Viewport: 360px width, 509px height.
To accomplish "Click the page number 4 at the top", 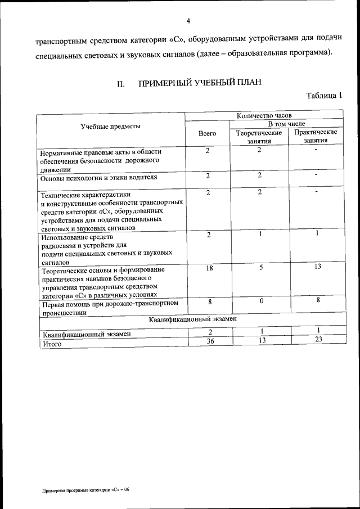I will pyautogui.click(x=188, y=21).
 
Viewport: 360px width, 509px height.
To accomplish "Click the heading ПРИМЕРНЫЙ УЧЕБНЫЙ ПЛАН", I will pyautogui.click(x=200, y=84).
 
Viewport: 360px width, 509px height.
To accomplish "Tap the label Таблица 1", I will pyautogui.click(x=325, y=95).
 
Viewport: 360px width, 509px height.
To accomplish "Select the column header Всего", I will pyautogui.click(x=208, y=134).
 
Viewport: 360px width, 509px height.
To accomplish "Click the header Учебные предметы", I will pyautogui.click(x=111, y=127).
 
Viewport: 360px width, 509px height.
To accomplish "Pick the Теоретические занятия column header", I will pyautogui.click(x=259, y=137).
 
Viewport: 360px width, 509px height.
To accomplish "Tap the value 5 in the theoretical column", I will pyautogui.click(x=262, y=268).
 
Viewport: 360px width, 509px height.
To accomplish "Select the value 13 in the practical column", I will pyautogui.click(x=317, y=267).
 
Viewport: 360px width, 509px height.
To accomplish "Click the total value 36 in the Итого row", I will pyautogui.click(x=210, y=340).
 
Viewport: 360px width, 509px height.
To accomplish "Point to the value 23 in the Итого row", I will pyautogui.click(x=318, y=339).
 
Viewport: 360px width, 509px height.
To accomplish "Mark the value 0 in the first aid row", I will pyautogui.click(x=262, y=301).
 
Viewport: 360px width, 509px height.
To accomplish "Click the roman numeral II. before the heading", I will pyautogui.click(x=120, y=85).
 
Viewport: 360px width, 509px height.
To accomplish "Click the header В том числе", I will pyautogui.click(x=286, y=124).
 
